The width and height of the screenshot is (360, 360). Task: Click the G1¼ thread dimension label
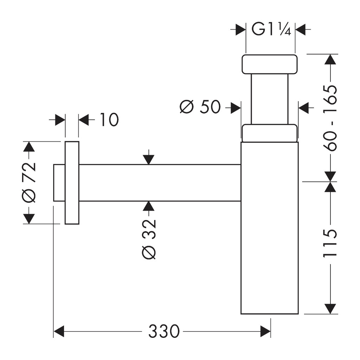271,29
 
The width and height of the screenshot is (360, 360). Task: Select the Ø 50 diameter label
200,107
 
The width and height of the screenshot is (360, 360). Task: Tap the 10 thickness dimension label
109,120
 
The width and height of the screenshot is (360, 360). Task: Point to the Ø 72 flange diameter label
30,182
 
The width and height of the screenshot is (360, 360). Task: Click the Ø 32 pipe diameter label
149,239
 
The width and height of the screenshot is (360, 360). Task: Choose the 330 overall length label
163,331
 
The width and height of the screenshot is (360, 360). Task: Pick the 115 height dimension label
330,243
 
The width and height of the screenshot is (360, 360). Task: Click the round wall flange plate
72,182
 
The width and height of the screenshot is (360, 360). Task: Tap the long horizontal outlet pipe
160,183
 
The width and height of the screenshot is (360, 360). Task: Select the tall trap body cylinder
270,228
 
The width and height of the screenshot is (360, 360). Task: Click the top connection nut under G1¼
270,64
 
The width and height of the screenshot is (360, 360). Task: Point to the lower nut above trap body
270,133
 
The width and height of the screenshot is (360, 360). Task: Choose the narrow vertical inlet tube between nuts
270,99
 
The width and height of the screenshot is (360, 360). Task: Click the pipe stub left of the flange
59,183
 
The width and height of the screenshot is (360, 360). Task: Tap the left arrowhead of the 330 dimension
59,331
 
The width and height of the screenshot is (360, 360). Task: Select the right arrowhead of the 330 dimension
265,331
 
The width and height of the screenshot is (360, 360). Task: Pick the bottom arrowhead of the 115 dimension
330,309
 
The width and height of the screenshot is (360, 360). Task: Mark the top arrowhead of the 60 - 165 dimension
330,59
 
